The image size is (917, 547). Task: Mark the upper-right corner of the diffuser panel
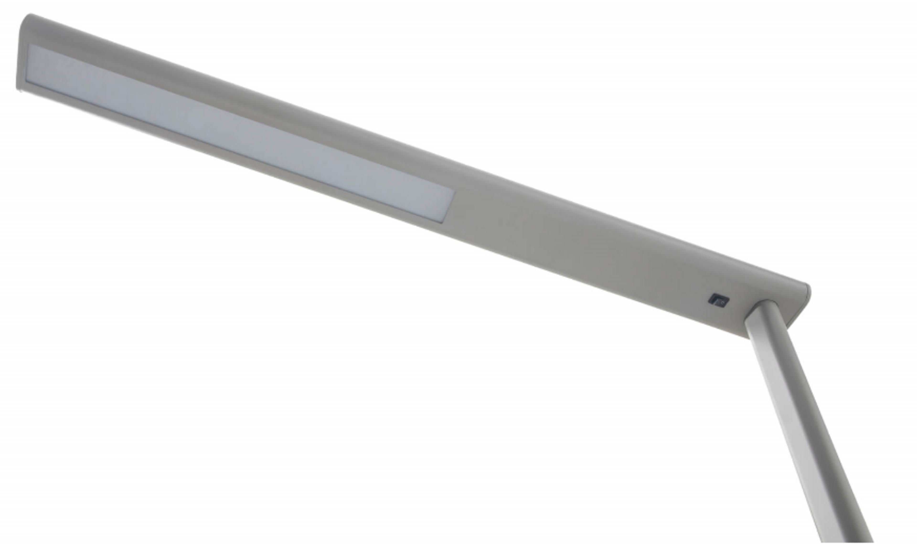(454, 192)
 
